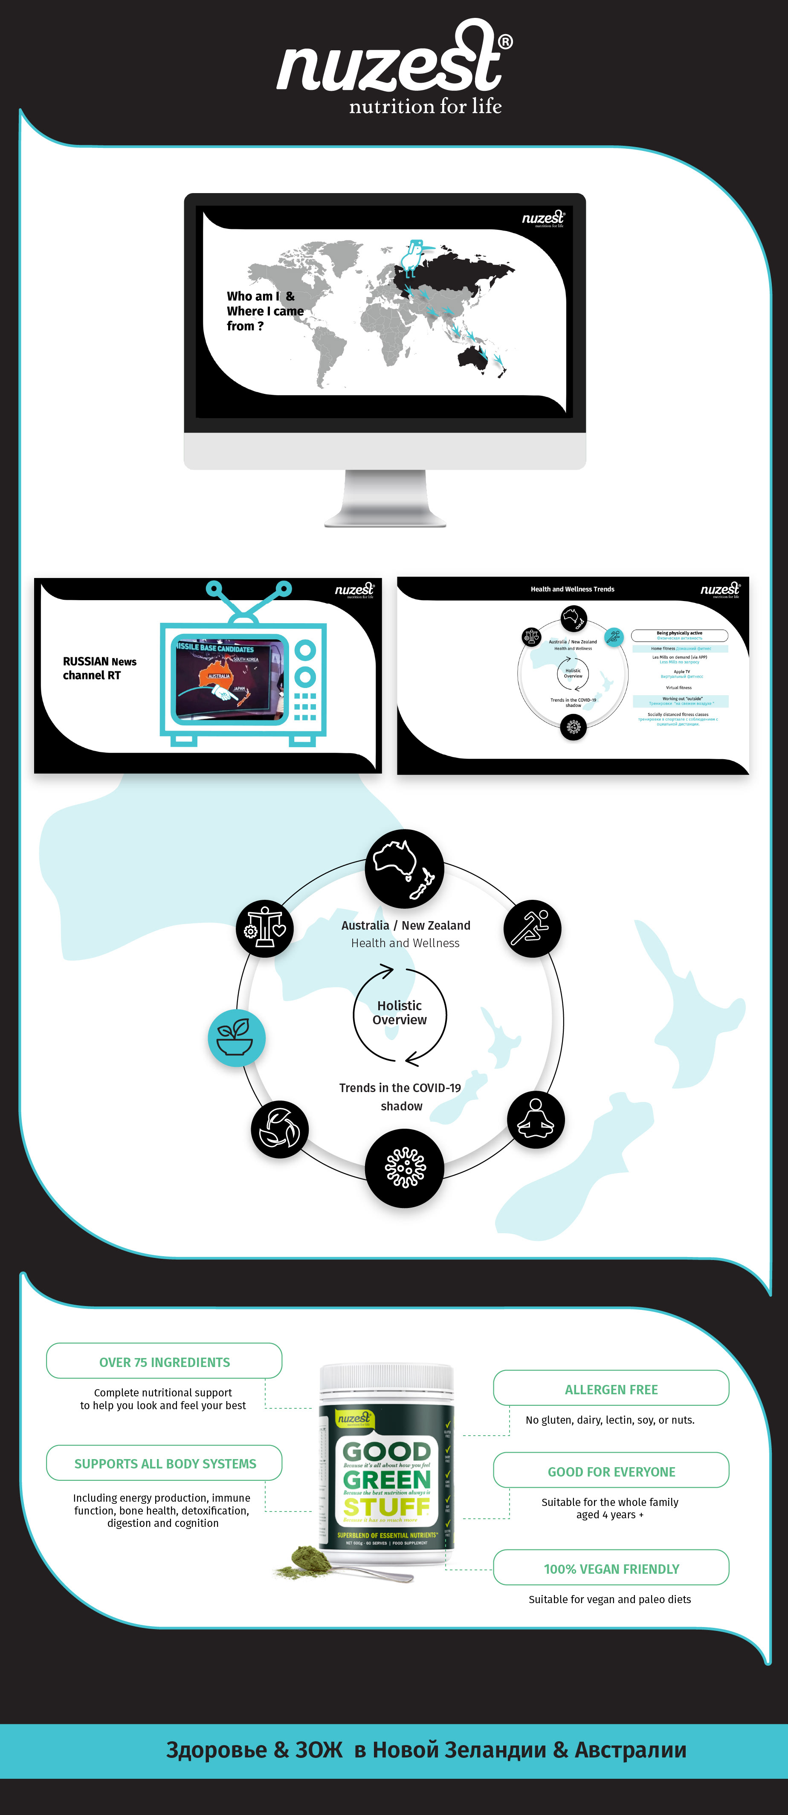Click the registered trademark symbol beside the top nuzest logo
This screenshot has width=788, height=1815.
coord(505,42)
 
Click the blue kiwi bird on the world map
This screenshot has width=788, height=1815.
coord(412,256)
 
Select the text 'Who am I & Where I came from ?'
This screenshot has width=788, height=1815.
coord(264,311)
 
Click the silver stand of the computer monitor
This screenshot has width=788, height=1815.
coord(385,499)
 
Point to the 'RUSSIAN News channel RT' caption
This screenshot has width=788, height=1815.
coord(99,668)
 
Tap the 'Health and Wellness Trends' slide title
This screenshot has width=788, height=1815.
coord(572,589)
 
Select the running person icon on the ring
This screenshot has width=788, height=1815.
coord(532,928)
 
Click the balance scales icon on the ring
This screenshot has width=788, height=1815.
coord(264,928)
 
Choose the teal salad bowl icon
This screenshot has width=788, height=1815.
coord(236,1037)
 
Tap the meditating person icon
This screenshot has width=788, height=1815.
coord(536,1120)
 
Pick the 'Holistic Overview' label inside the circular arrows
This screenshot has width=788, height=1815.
coord(400,1012)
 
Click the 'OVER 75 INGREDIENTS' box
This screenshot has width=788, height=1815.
coord(164,1362)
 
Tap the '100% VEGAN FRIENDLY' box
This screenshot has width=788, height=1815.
coord(611,1568)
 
